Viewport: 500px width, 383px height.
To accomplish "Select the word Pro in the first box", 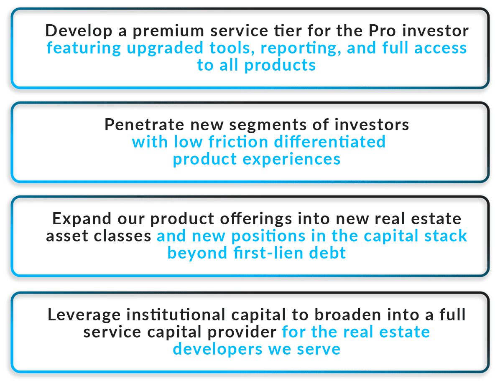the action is coord(382,31).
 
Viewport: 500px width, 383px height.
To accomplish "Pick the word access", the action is coord(440,48).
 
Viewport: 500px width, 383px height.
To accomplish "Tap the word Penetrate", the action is coord(144,124).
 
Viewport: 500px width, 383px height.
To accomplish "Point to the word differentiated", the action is coord(330,142).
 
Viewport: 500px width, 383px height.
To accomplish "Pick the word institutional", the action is coord(176,315).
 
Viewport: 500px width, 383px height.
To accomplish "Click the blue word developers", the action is coord(217,350).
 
